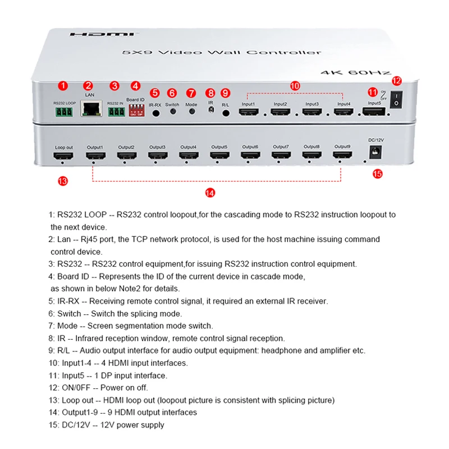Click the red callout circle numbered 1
[x=63, y=86]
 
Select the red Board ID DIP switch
[x=135, y=112]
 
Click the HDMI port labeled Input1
[x=248, y=112]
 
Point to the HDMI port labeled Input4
[x=343, y=112]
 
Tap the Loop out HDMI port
[x=63, y=157]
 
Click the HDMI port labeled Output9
[x=342, y=157]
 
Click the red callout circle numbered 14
[x=210, y=193]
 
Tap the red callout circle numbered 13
[x=63, y=181]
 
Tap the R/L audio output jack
[x=226, y=112]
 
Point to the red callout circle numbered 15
[x=377, y=174]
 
